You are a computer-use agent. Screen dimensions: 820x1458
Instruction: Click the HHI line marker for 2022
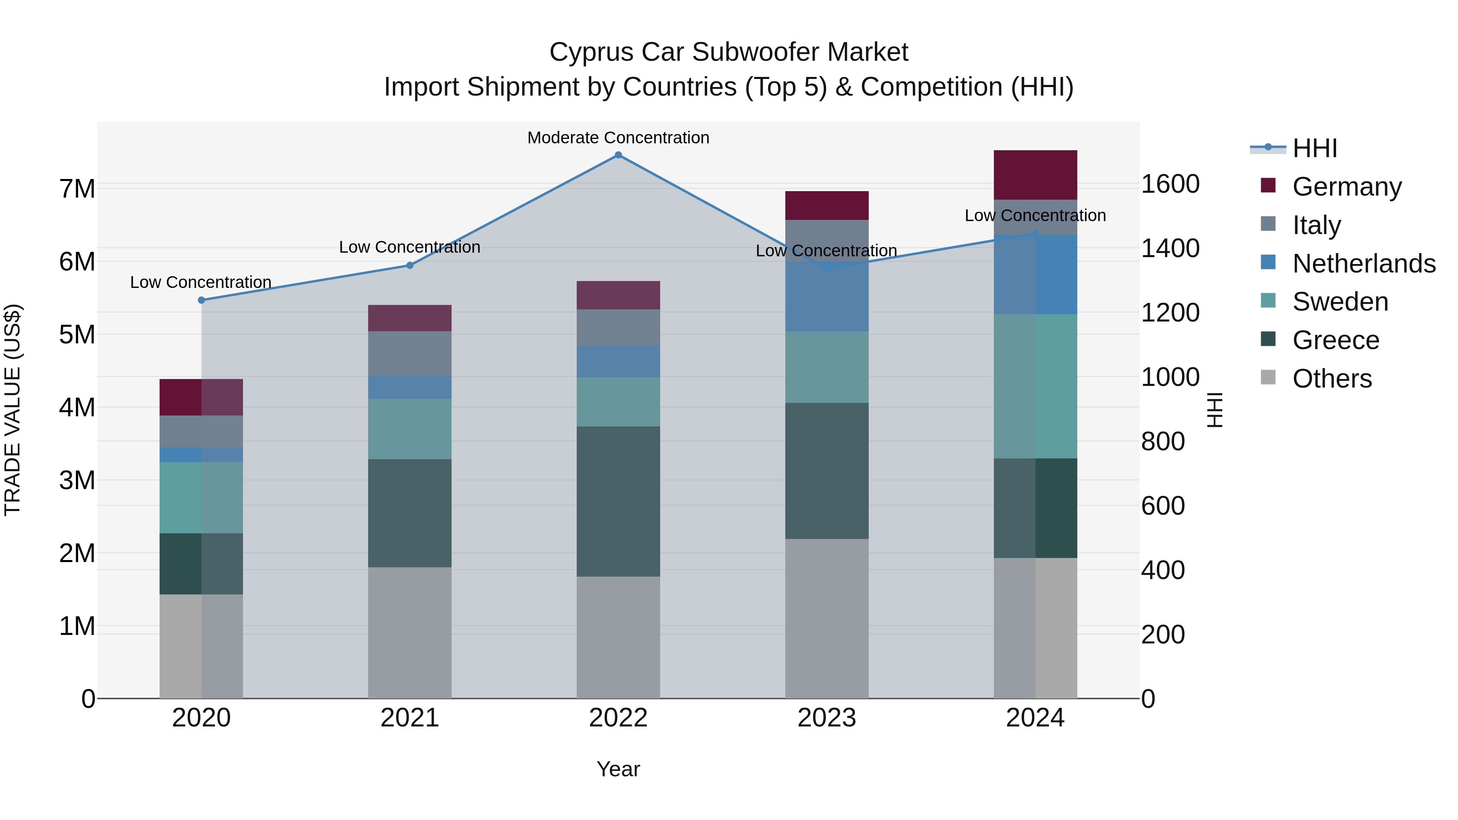pyautogui.click(x=618, y=155)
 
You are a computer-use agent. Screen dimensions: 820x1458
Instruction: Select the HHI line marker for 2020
pyautogui.click(x=202, y=300)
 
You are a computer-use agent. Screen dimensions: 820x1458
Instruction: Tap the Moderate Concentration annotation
pyautogui.click(x=618, y=138)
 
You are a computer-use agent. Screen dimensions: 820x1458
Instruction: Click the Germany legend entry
pyautogui.click(x=1347, y=187)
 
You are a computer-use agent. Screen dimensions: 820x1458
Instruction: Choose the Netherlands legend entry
pyautogui.click(x=1364, y=264)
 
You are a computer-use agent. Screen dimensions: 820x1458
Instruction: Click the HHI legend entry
pyautogui.click(x=1314, y=148)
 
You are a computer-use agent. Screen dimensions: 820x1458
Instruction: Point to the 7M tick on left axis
pyautogui.click(x=77, y=188)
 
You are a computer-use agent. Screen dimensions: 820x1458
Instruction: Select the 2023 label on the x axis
pyautogui.click(x=826, y=718)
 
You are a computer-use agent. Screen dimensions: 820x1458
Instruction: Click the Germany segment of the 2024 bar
pyautogui.click(x=1035, y=175)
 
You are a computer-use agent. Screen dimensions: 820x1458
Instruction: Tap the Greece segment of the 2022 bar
pyautogui.click(x=618, y=501)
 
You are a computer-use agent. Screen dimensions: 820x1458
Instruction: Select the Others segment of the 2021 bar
pyautogui.click(x=410, y=633)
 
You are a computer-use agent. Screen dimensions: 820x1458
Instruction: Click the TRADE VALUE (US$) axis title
pyautogui.click(x=13, y=410)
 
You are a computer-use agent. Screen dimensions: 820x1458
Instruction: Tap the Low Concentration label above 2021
pyautogui.click(x=410, y=247)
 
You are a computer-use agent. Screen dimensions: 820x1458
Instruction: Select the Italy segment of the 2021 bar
pyautogui.click(x=410, y=353)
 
